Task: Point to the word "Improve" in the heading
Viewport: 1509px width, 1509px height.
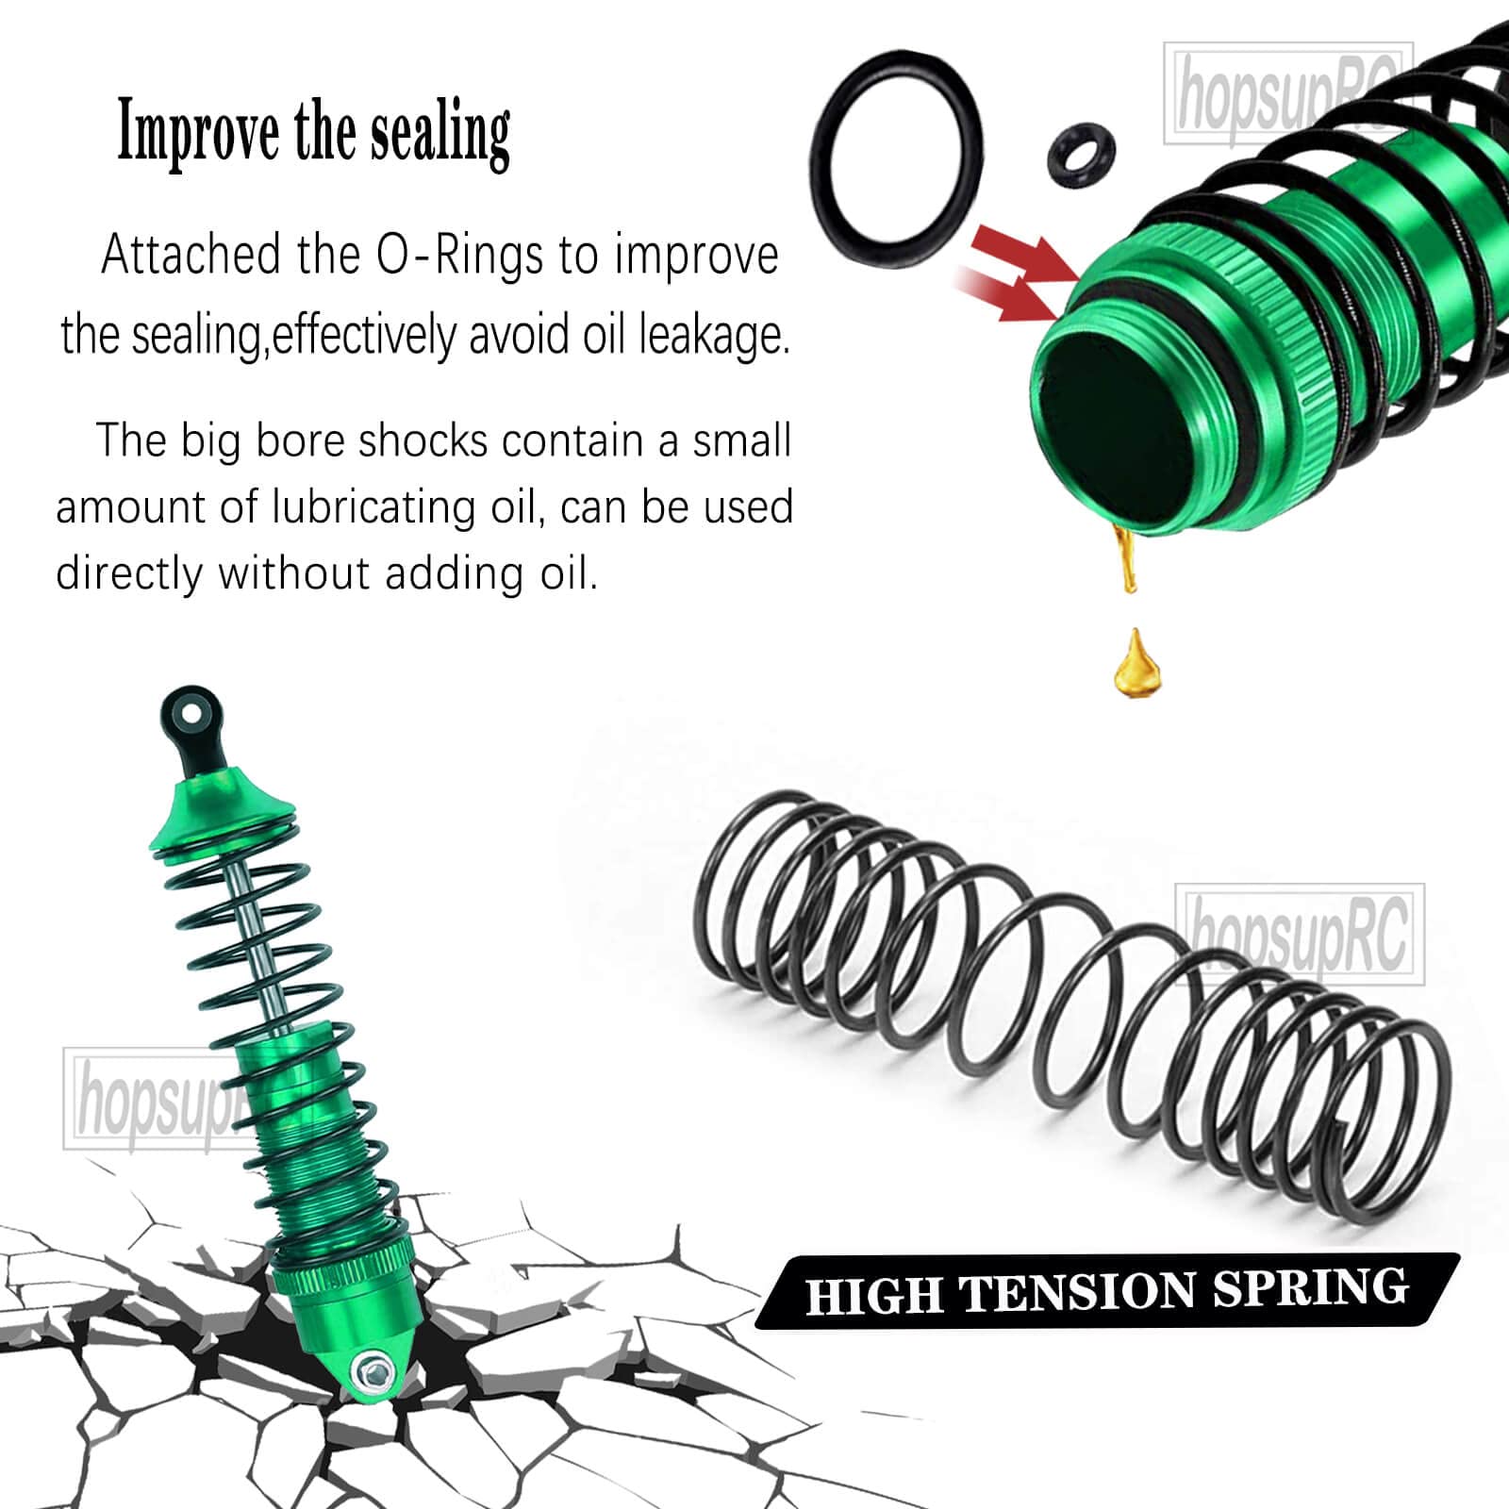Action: pos(198,134)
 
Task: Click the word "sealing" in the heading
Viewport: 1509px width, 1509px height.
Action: pos(439,134)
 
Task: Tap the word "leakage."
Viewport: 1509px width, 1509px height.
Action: pos(714,337)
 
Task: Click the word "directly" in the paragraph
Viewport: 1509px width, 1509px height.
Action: pos(129,574)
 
